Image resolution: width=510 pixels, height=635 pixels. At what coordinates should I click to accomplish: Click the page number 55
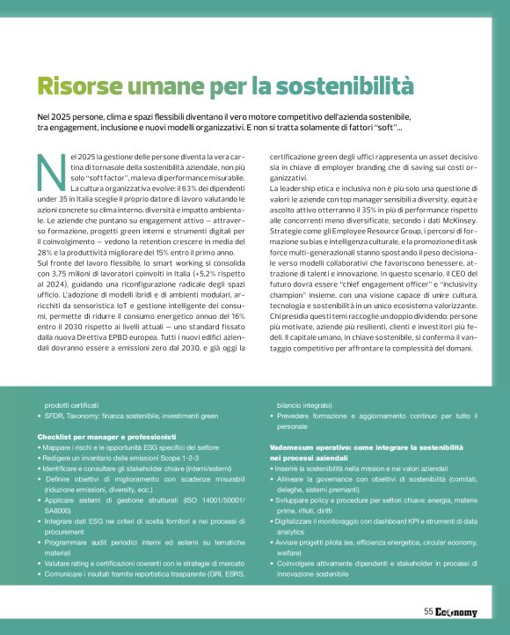click(428, 611)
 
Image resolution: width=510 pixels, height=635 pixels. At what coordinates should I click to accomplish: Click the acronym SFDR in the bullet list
click(52, 414)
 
